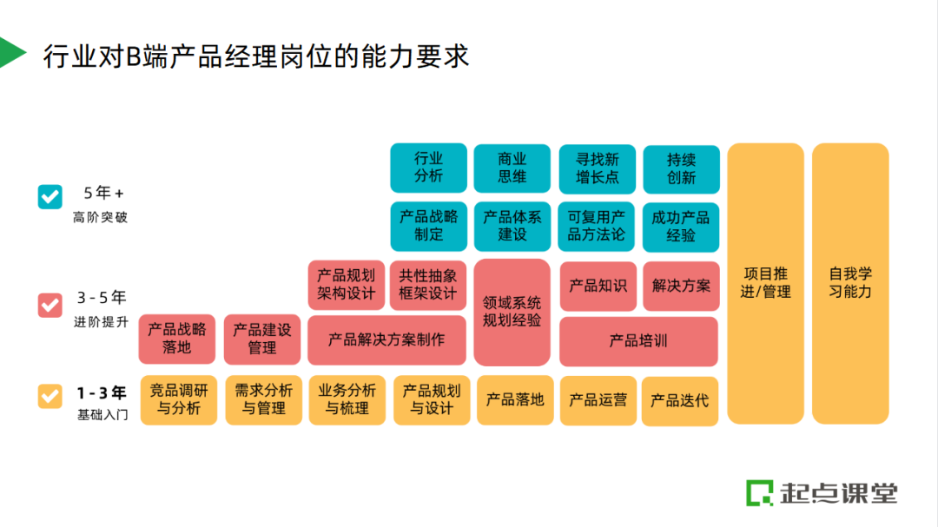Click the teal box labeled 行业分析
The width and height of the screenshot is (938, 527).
coord(429,168)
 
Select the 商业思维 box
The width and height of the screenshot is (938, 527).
coord(512,168)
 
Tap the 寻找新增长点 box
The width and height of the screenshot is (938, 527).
coord(597,168)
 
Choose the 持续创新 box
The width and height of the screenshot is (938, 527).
coord(681,168)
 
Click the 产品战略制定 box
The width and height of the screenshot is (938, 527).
coord(429,226)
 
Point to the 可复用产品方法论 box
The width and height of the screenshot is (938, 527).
coord(597,226)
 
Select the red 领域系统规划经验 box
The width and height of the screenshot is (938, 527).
coord(512,312)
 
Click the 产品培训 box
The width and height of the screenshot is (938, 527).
coord(638,340)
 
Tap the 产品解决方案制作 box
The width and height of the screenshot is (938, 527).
coord(386,339)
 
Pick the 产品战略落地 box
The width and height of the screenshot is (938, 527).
coord(177,339)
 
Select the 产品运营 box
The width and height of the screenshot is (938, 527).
coord(598,400)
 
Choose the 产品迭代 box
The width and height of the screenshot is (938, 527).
coord(679,400)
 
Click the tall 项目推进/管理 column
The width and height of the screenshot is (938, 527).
coord(765,283)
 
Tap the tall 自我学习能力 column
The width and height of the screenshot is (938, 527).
coord(850,283)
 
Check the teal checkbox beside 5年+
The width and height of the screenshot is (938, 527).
coord(50,196)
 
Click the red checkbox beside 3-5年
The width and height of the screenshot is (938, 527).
coord(50,305)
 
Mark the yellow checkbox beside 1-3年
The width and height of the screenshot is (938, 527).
coord(50,396)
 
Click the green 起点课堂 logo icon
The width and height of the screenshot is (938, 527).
coord(760,492)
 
